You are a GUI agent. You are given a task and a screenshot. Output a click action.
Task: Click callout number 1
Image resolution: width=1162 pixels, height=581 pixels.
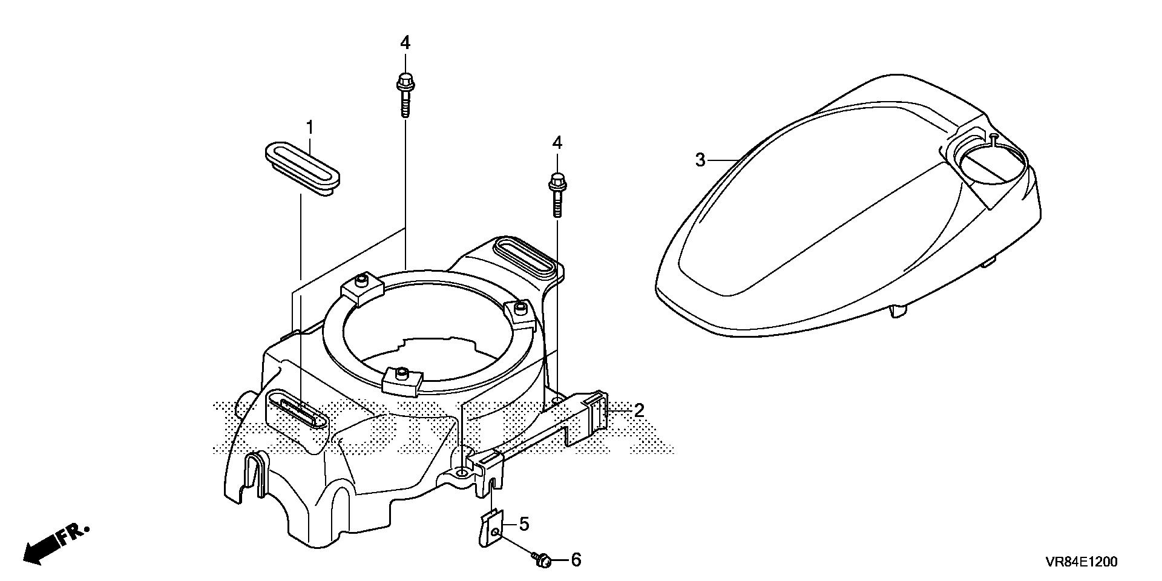pos(310,128)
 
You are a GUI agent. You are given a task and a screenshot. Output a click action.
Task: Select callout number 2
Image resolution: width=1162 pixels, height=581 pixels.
pos(639,410)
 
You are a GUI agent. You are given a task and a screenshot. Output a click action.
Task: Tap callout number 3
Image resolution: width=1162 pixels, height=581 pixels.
pos(700,143)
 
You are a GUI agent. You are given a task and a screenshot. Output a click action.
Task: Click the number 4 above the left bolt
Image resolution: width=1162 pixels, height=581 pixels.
pos(405,43)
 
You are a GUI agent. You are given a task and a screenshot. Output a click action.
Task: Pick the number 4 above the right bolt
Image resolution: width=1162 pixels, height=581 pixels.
pos(557,143)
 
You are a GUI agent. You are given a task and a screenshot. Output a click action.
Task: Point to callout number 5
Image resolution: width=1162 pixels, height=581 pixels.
pos(524,524)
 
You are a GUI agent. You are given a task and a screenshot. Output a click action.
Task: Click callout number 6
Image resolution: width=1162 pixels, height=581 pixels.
pos(576,560)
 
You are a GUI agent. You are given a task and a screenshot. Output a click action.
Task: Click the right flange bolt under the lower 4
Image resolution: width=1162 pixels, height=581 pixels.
pos(556,194)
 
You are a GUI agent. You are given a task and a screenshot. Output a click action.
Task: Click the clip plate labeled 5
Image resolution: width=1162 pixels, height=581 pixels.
pos(491,530)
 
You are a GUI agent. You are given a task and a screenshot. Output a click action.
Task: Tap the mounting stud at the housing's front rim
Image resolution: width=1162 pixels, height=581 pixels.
pos(400,376)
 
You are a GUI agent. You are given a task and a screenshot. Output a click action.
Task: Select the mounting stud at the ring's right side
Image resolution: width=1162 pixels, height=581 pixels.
pos(518,309)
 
